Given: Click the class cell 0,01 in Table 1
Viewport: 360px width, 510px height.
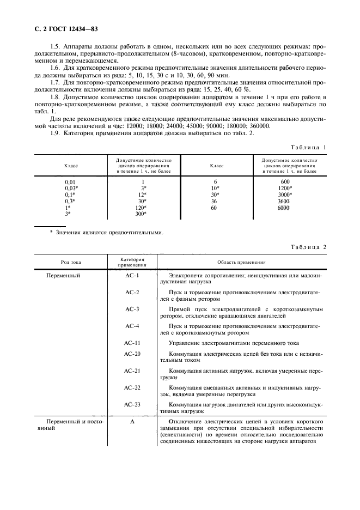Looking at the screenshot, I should (x=71, y=181).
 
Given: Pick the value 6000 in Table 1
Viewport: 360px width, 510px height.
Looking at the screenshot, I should (x=284, y=208).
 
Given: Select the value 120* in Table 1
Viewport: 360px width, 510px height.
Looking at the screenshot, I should (x=141, y=208).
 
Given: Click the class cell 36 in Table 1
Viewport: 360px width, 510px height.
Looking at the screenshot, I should (x=215, y=201).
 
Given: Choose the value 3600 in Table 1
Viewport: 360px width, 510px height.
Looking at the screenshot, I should (x=284, y=201).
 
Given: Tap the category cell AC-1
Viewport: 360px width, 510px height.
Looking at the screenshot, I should (x=132, y=276).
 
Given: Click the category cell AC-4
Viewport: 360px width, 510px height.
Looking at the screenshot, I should (x=132, y=325).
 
